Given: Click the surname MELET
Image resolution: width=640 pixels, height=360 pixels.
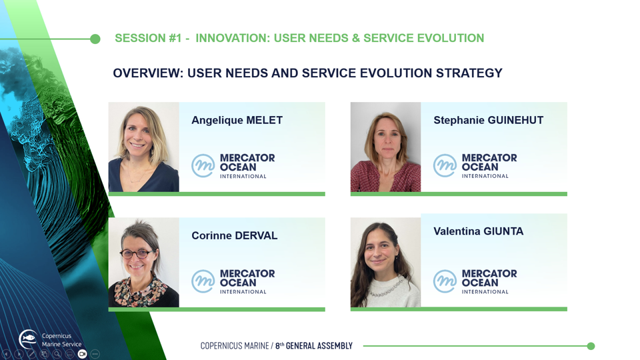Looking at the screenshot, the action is (265, 121).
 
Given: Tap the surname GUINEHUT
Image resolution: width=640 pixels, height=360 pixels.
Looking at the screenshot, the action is (515, 121).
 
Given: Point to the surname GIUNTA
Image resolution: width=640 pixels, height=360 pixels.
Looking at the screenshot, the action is (503, 231).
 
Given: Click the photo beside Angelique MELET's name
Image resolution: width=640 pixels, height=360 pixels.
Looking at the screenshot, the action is (144, 147).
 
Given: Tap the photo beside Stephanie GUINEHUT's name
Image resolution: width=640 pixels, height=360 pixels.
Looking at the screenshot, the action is (386, 147).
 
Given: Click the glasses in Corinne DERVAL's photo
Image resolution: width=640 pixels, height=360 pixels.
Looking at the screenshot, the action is (136, 254).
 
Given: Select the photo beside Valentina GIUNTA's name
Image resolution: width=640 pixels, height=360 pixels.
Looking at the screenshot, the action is (386, 263).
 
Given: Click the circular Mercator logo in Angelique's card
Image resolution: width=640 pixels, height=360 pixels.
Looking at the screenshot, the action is (203, 165).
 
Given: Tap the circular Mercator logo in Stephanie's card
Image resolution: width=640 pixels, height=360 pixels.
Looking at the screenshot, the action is (445, 165).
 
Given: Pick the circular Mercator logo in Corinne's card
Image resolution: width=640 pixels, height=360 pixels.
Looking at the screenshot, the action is (203, 281).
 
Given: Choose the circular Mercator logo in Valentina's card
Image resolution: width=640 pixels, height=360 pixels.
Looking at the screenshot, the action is (445, 281).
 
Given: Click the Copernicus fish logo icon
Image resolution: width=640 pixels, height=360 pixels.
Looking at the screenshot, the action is (28, 339).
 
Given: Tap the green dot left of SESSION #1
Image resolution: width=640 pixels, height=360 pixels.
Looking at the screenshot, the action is (95, 39).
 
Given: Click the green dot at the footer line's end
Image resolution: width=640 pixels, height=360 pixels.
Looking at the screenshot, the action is (591, 346).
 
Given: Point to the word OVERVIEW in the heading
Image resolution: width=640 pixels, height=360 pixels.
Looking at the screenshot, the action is (148, 73).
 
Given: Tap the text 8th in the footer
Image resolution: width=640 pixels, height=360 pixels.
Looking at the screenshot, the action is (279, 346).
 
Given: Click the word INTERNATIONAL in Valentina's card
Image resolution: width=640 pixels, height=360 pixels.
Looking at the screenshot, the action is (485, 292).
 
